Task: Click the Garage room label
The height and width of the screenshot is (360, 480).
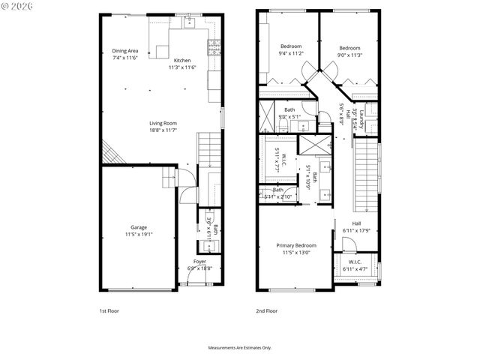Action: tap(138, 227)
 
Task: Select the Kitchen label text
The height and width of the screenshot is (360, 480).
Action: tap(182, 61)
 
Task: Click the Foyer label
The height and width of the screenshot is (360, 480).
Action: tap(199, 262)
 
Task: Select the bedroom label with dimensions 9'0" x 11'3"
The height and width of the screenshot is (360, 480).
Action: tap(349, 47)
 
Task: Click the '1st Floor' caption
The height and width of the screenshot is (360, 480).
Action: tap(109, 310)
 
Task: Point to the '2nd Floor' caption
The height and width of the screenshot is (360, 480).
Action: tap(267, 310)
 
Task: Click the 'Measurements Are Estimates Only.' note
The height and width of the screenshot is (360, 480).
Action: tap(239, 347)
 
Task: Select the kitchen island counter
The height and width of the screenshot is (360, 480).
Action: tap(163, 51)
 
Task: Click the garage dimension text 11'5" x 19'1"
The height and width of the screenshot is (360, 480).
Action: tap(138, 234)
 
